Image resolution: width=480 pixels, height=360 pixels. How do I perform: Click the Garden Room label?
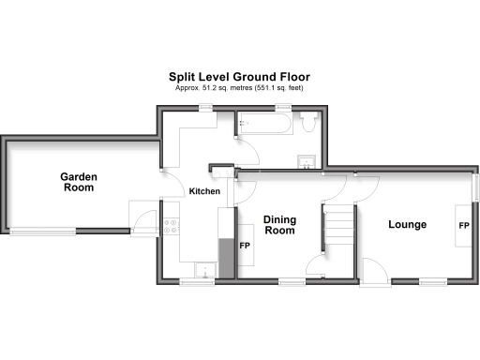(79, 182)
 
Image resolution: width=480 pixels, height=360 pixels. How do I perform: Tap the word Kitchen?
(205, 191)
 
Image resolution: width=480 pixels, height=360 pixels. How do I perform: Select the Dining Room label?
(279, 225)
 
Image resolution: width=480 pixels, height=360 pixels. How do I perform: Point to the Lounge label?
(407, 225)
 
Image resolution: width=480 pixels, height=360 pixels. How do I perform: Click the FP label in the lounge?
(463, 226)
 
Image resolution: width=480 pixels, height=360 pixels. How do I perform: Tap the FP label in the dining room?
(245, 246)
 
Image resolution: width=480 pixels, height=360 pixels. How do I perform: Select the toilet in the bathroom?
(310, 121)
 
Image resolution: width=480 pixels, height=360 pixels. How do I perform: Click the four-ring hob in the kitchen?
(172, 225)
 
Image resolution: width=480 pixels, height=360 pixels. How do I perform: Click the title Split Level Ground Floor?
(239, 77)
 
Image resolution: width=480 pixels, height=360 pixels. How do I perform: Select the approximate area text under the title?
(239, 87)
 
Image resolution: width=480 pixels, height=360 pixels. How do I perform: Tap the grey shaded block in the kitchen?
(225, 256)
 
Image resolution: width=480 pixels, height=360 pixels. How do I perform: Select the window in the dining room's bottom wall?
(291, 279)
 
